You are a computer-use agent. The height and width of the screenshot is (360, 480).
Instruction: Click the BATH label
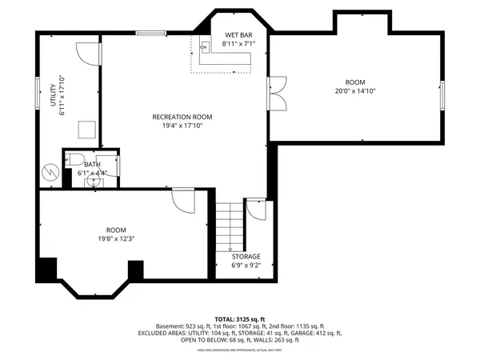point(92,165)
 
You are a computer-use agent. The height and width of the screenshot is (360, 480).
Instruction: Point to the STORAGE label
point(246,257)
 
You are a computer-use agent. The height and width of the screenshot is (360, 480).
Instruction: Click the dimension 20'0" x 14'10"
point(354,91)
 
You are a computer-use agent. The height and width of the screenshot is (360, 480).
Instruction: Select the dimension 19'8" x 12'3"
point(111,238)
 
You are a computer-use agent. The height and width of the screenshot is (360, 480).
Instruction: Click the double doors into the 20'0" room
point(278,93)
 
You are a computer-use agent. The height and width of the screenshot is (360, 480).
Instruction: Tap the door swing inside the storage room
point(256,210)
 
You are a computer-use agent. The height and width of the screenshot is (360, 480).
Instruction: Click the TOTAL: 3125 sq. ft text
point(239,319)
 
